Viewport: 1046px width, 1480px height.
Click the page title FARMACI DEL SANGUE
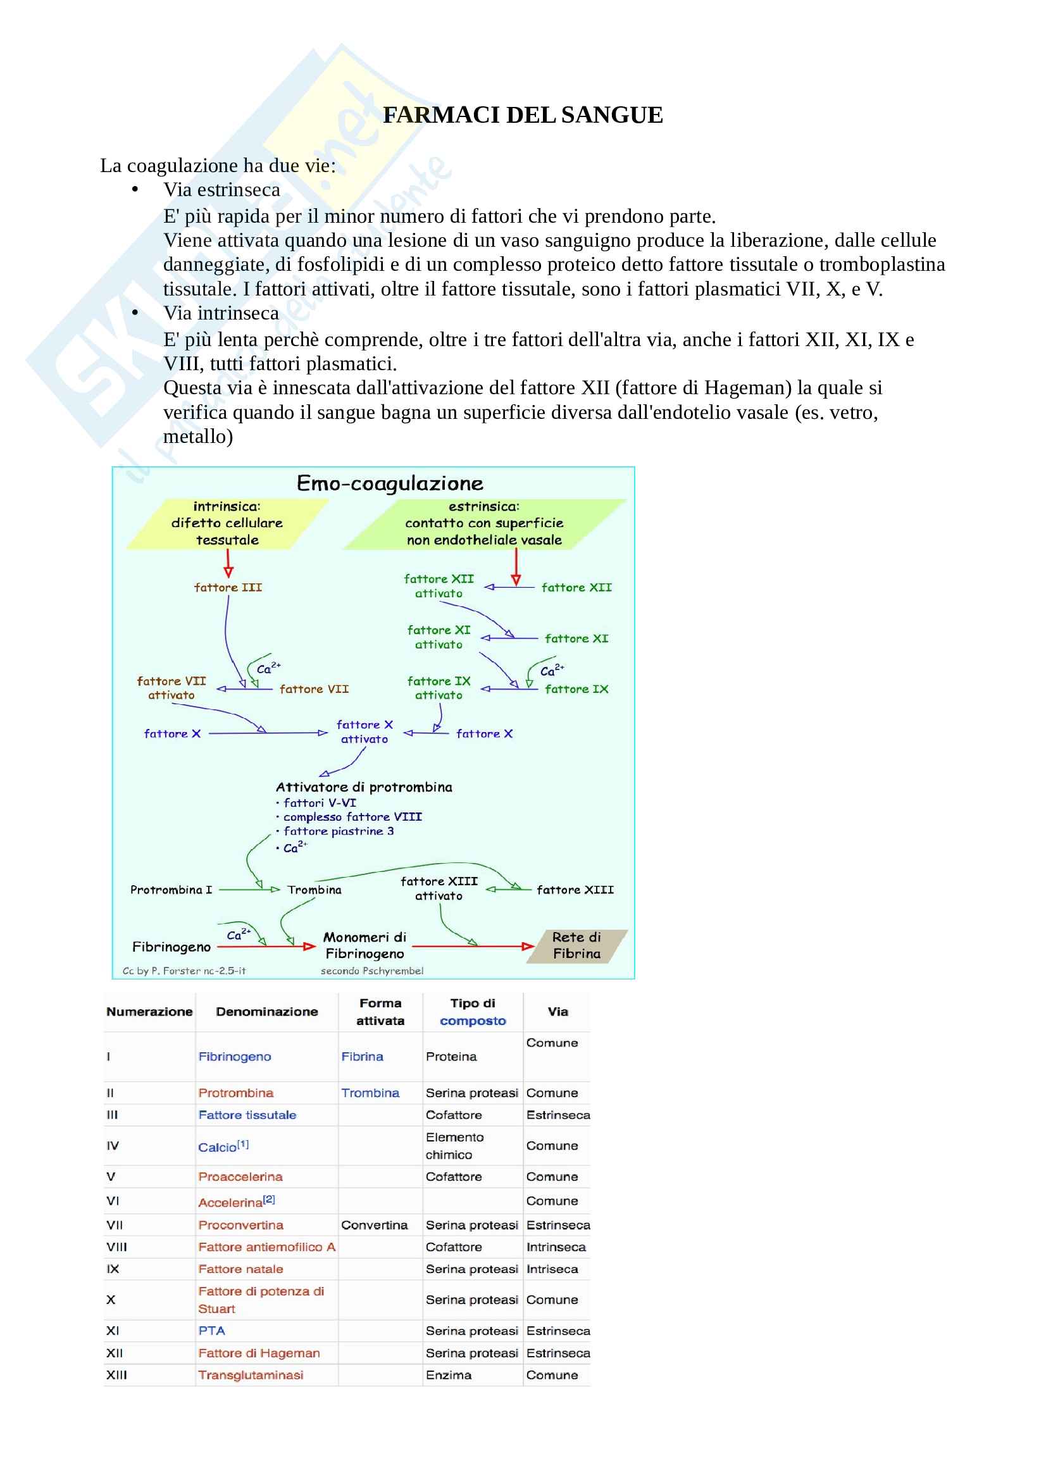522,115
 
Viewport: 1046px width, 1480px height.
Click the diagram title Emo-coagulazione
389,483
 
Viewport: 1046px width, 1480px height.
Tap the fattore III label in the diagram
228,587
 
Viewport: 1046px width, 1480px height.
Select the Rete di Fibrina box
576,945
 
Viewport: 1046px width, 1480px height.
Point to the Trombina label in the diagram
314,890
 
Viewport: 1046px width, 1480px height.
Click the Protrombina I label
171,890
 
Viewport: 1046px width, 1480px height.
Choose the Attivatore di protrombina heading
363,787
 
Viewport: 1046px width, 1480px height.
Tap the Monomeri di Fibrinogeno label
364,945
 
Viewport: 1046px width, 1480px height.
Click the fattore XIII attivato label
439,888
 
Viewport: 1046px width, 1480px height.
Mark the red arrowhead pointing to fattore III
228,571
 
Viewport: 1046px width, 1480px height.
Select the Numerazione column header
149,1011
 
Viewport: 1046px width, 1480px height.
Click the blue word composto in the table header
473,1021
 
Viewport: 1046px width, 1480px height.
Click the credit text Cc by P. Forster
184,971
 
